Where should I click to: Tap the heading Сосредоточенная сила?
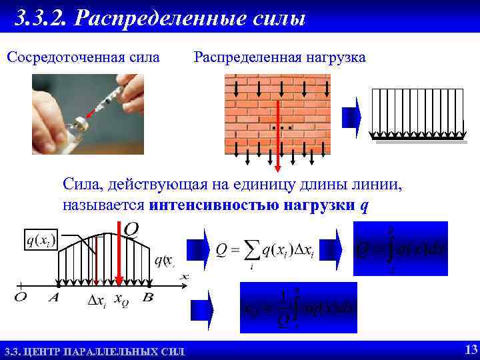[83, 57]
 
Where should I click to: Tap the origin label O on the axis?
[20, 297]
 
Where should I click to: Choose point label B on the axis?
[147, 297]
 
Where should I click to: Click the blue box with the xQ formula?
[298, 307]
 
